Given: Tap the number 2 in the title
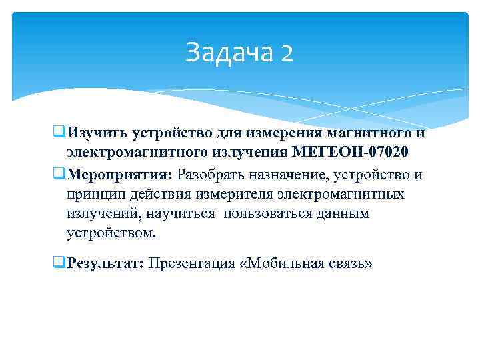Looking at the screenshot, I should click(x=287, y=52).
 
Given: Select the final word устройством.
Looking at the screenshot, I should click(x=111, y=234).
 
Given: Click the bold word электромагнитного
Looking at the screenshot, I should click(x=126, y=151).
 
